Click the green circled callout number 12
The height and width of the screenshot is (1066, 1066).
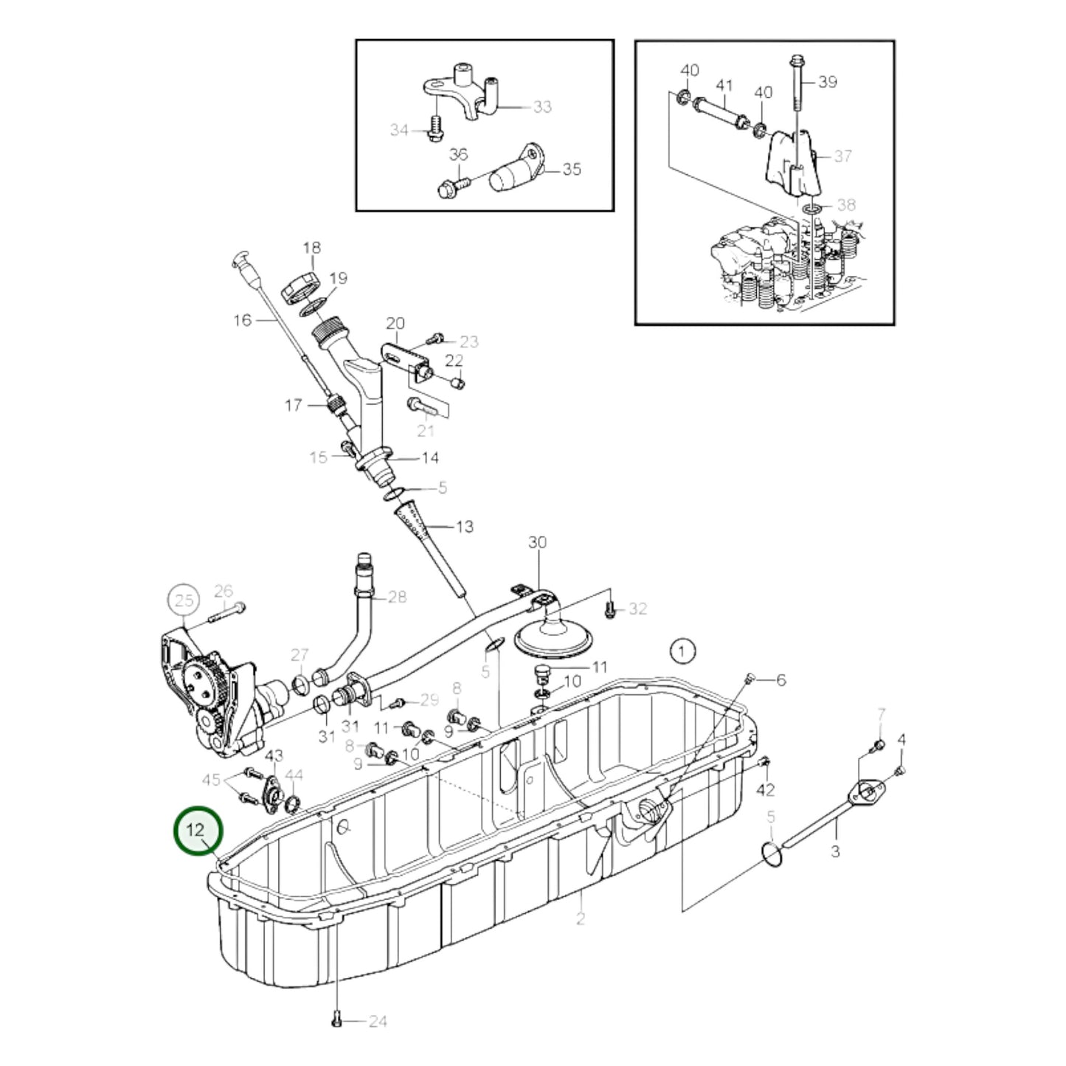click(x=196, y=831)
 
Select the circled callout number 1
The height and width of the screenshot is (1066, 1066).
click(x=682, y=651)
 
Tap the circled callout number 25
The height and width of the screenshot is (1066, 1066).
click(x=184, y=601)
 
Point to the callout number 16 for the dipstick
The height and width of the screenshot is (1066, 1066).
click(x=243, y=320)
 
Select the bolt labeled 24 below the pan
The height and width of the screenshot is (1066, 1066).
click(x=336, y=1020)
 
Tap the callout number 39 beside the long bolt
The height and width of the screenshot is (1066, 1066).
click(x=828, y=82)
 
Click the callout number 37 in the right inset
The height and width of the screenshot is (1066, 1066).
click(x=842, y=156)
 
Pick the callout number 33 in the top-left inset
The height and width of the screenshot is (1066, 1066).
click(x=542, y=107)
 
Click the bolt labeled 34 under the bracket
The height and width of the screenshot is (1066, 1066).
click(x=435, y=130)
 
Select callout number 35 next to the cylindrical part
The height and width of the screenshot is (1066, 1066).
click(x=572, y=169)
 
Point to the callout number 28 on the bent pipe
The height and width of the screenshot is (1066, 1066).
click(x=397, y=596)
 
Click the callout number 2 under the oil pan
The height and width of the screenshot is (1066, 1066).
click(x=581, y=919)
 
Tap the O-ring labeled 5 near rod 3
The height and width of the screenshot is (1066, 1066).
click(x=770, y=854)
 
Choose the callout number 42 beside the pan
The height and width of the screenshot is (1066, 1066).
click(x=766, y=789)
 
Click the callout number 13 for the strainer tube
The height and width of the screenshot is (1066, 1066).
click(x=465, y=527)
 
